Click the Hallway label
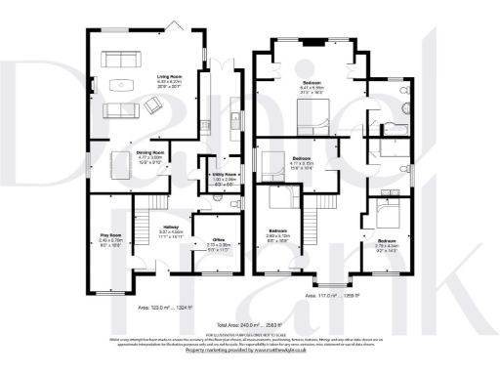coord(170,228)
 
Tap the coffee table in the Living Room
coord(122,82)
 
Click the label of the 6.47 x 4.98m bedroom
coord(312,85)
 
